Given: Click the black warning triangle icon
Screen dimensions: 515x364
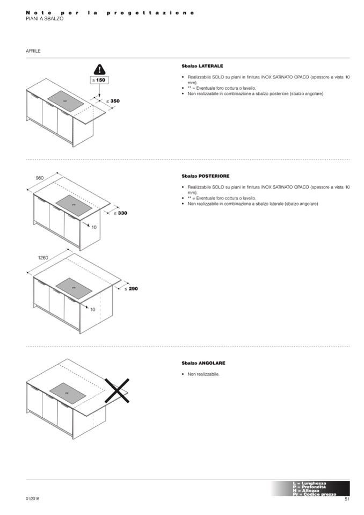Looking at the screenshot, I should point(99,69).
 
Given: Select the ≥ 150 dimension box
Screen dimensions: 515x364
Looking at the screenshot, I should point(98,80).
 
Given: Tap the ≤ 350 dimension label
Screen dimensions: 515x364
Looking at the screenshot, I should point(112,100).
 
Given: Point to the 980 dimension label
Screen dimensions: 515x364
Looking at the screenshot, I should point(39,177).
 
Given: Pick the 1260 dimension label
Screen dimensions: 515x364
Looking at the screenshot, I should point(43,258).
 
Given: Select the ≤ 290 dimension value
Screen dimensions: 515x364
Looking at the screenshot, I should point(131,288).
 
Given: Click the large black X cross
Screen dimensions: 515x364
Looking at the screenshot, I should point(117,390).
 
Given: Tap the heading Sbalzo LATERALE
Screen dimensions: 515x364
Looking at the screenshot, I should point(202,66).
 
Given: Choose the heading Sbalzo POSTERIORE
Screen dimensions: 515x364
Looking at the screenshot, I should point(205,176).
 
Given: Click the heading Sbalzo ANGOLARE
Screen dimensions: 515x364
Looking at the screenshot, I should point(203,363).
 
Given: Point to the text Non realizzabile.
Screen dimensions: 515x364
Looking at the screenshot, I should point(204,374).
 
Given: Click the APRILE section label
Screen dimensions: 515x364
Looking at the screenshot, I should point(33,51).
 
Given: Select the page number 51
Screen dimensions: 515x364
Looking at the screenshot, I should point(347,499).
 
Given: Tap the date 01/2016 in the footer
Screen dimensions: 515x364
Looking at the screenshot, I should point(32,499).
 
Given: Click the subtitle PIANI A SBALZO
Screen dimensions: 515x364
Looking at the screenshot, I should point(45,18).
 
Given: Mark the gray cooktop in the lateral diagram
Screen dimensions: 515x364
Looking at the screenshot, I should point(66,100).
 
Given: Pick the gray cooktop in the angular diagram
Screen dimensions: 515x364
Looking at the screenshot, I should point(67,393).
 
